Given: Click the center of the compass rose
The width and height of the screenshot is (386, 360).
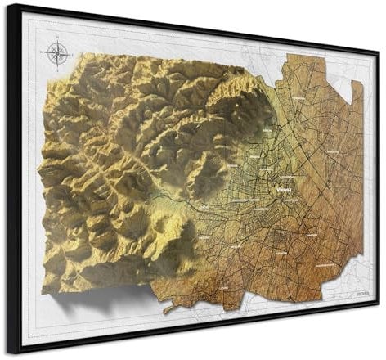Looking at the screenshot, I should pyautogui.click(x=57, y=54).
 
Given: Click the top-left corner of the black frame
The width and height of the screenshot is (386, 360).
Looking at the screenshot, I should pyautogui.click(x=8, y=4).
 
